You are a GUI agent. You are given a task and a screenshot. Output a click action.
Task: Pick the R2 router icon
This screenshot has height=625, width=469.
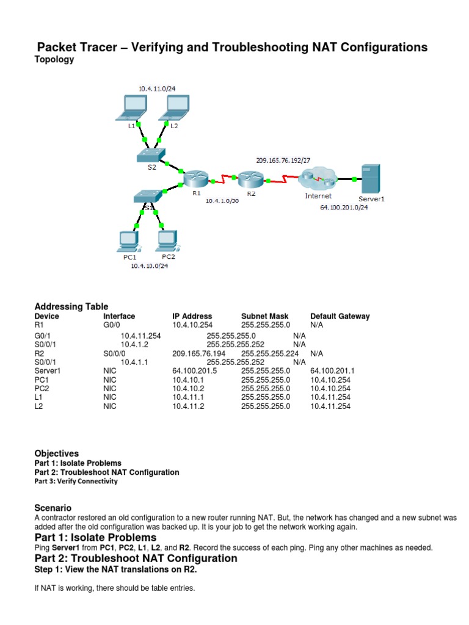pos(250,179)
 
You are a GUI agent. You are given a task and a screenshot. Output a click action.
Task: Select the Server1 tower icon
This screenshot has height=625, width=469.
pos(371,179)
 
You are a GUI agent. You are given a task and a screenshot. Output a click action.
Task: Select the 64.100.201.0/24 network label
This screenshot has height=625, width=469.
pos(344,208)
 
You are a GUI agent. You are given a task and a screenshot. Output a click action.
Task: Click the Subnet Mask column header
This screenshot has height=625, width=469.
pos(264,316)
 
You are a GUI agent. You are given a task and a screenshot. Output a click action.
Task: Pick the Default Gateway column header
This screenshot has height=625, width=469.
pos(340,316)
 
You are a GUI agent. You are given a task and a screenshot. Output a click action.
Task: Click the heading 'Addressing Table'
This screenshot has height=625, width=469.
pos(71,306)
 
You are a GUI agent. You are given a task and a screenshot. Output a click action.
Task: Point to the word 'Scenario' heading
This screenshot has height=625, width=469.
pos(53,508)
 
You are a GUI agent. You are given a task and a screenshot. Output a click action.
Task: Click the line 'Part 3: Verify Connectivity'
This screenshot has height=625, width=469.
pos(76,482)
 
